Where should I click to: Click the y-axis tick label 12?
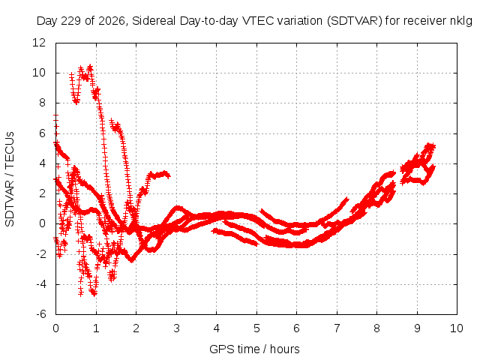39,43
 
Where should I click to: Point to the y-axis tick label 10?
39,73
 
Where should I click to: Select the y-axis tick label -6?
41,314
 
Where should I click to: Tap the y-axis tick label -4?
41,284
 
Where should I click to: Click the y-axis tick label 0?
42,223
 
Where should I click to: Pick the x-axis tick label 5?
256,328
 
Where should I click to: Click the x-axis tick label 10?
456,328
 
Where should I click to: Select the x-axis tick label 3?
176,328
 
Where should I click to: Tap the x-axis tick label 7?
337,328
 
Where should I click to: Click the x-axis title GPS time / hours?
254,349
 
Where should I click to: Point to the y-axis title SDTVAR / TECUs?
10,179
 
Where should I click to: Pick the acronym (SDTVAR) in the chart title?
355,21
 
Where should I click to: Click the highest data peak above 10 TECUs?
90,67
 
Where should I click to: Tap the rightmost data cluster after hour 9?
418,164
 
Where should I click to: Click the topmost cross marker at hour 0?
55,115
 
